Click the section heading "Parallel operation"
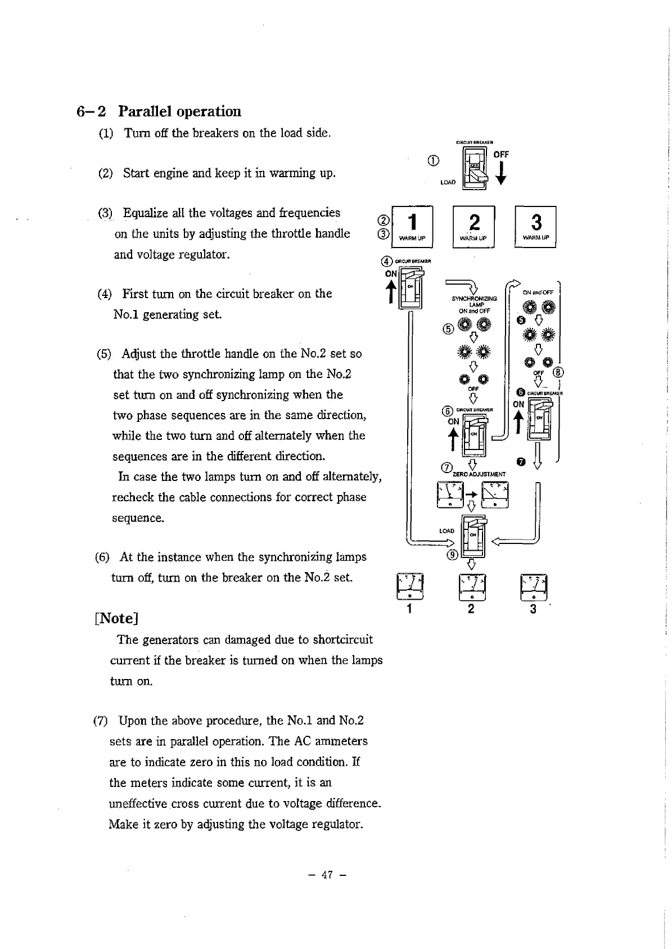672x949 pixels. pos(179,111)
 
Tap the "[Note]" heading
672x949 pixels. pos(116,618)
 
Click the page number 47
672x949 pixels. pos(327,875)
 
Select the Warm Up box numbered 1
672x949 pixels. pos(413,227)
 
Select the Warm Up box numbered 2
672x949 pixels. pos(473,227)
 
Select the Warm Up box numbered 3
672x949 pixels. pos(535,227)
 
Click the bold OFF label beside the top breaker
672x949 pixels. pos(501,154)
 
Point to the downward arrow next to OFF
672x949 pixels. pos(501,173)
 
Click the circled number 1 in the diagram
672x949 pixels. pos(433,161)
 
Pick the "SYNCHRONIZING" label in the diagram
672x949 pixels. pos(474,299)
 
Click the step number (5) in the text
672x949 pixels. pos(104,354)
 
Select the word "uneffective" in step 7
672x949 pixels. pos(138,803)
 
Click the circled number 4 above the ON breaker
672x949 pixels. pos(386,262)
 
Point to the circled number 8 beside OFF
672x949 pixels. pos(558,372)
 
